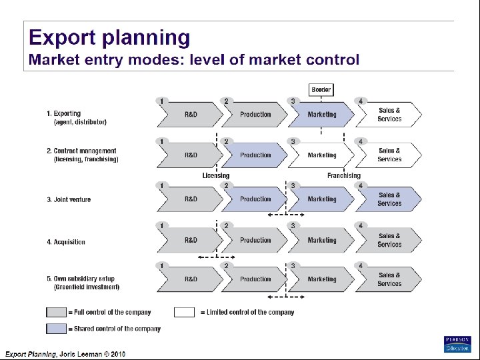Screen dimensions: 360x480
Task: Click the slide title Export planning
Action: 109,37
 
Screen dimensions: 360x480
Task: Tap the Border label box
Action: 321,89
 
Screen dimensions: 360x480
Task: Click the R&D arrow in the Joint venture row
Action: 190,199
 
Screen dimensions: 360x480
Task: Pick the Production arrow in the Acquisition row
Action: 255,241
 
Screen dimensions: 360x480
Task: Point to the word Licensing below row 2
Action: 216,176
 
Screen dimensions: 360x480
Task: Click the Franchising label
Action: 344,176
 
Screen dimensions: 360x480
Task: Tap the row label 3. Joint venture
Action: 69,199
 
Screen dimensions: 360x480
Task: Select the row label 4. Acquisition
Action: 66,242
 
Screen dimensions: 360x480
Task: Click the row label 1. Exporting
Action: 64,113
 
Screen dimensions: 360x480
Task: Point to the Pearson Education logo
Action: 457,344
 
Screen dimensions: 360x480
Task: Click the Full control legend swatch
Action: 56,312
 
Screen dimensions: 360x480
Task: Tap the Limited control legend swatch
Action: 184,312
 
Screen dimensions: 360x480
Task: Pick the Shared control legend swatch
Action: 56,329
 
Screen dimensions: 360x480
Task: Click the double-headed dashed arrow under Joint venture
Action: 287,215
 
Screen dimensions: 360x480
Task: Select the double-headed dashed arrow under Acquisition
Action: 217,257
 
